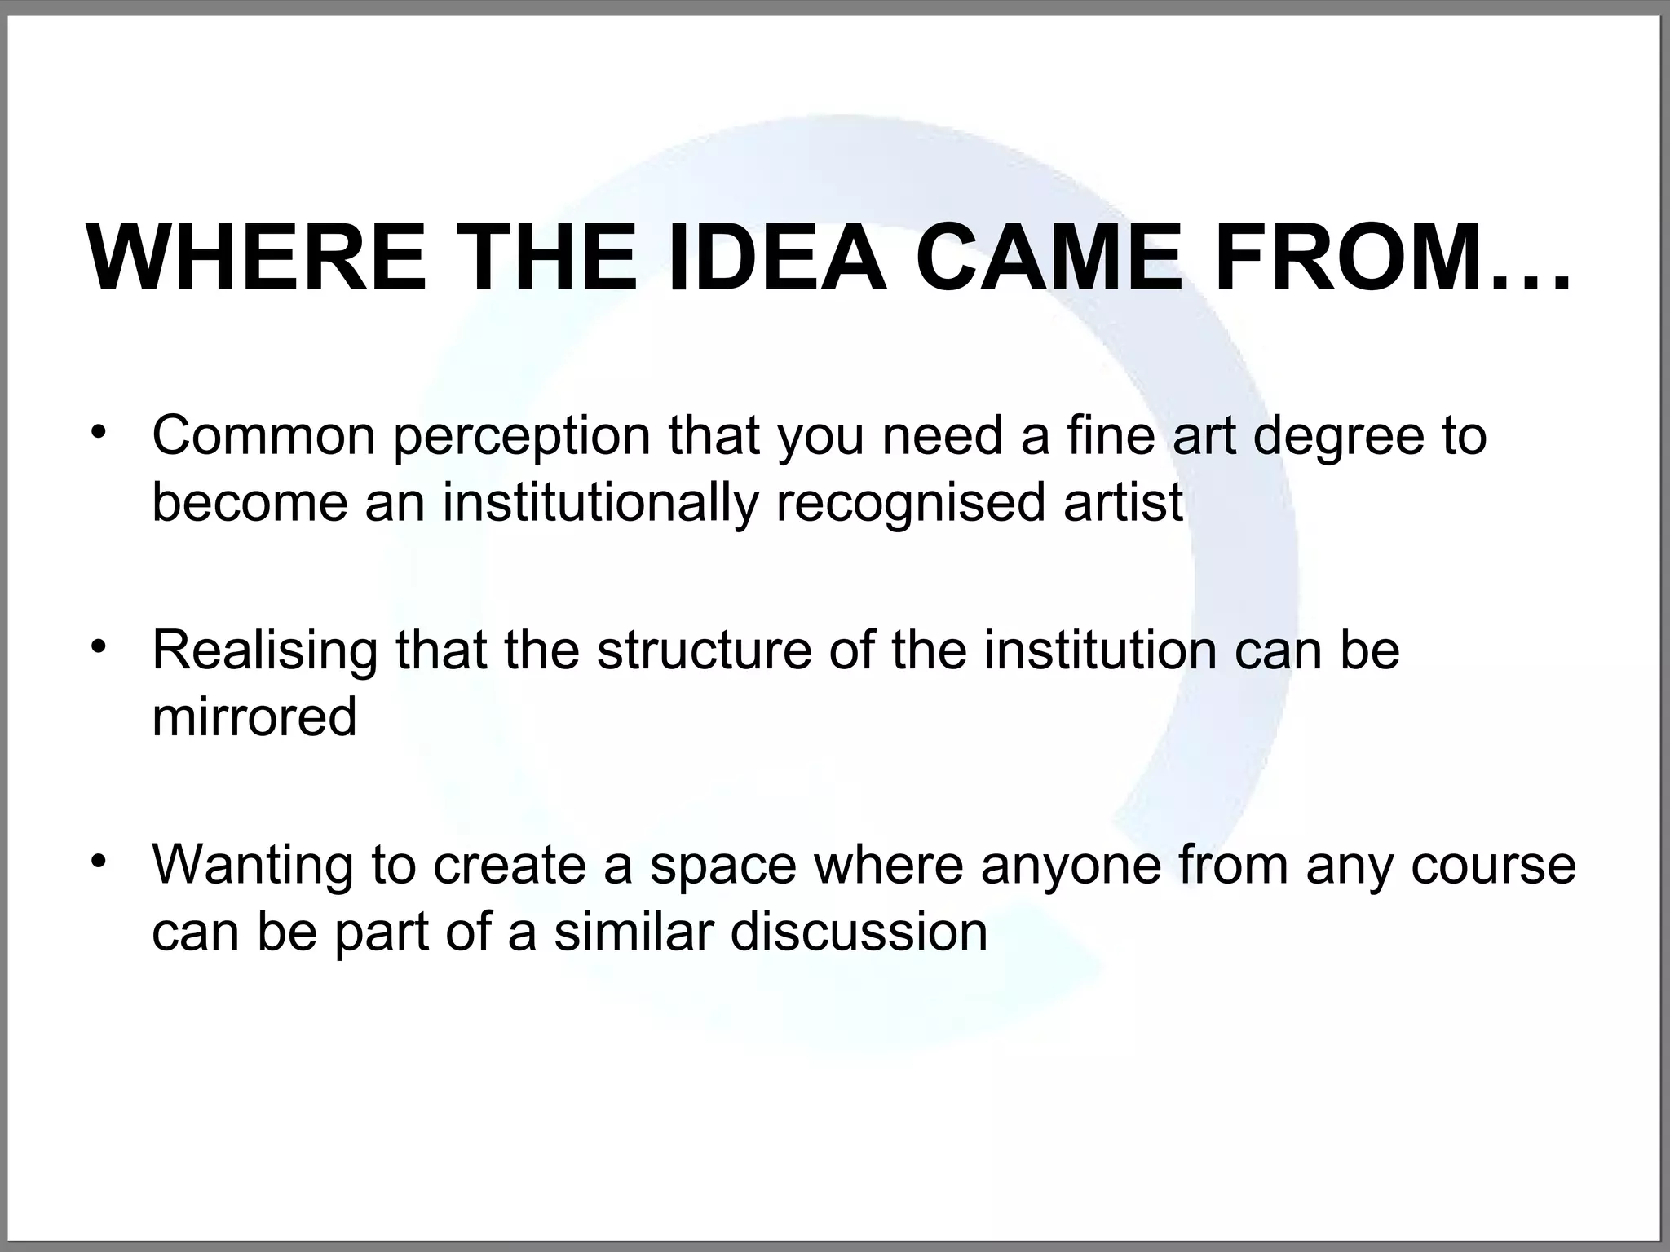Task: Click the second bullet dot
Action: click(x=99, y=646)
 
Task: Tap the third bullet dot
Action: click(x=99, y=861)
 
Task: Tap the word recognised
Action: click(x=910, y=503)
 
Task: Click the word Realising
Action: click(x=265, y=651)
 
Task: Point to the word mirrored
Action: click(x=254, y=716)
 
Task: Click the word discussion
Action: click(x=859, y=932)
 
